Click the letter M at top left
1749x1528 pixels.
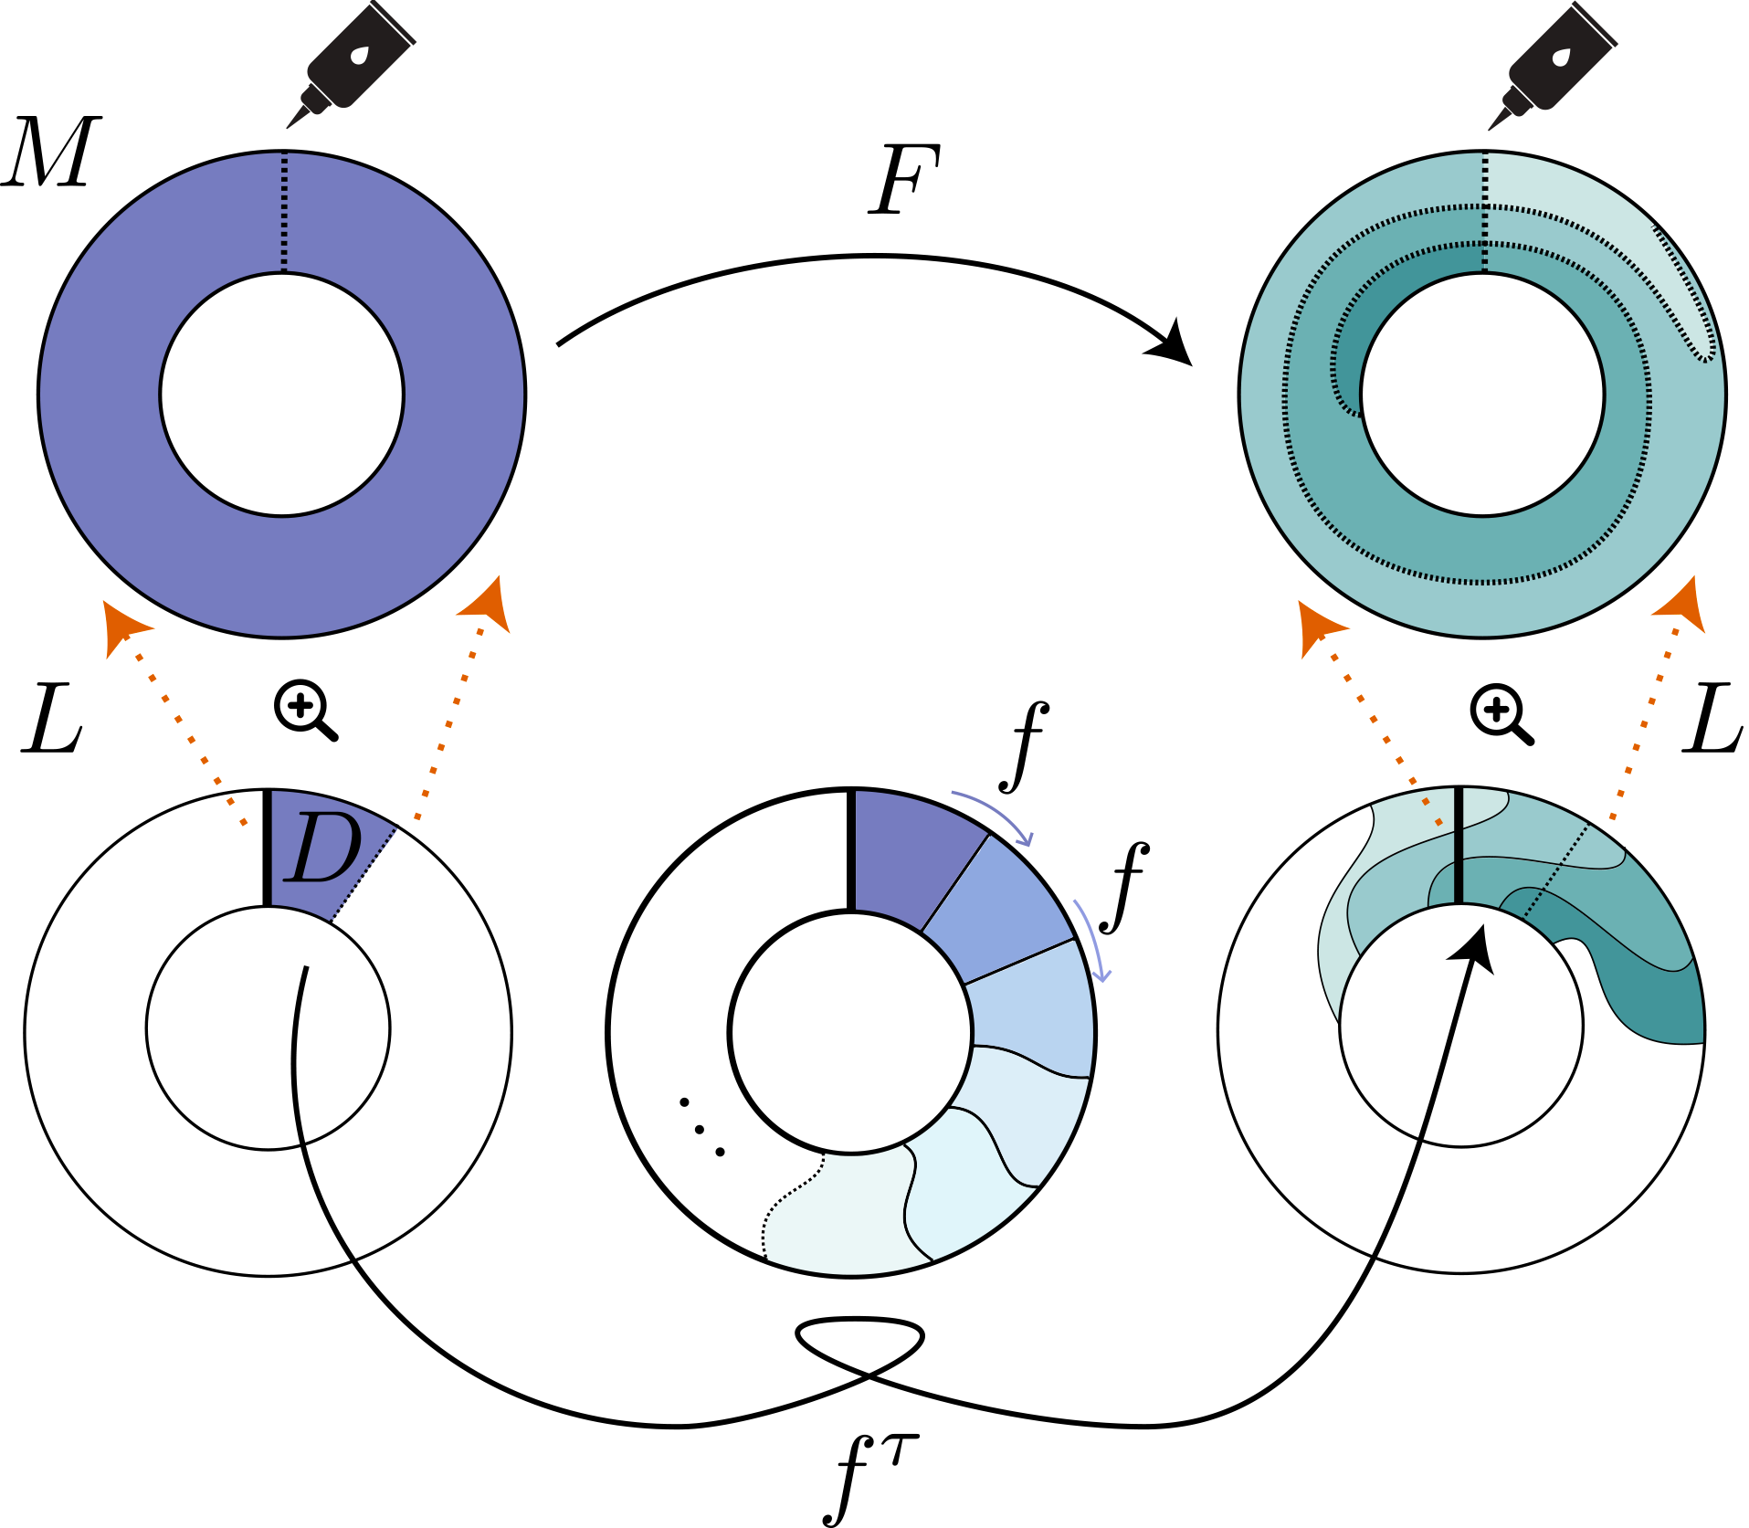(x=52, y=153)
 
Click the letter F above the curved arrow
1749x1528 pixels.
(x=904, y=180)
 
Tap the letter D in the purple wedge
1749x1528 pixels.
(x=322, y=848)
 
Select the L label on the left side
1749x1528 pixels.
(x=52, y=720)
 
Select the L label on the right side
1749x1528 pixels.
(x=1712, y=720)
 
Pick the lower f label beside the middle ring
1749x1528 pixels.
(x=1124, y=887)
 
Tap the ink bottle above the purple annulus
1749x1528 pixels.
(x=352, y=64)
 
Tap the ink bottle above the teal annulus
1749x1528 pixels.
(x=1553, y=64)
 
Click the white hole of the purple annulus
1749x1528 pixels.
(x=282, y=395)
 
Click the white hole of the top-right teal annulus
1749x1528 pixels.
(x=1482, y=395)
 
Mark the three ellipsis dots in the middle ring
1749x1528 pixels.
(x=701, y=1129)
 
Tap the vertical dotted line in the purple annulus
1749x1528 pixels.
(x=284, y=212)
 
